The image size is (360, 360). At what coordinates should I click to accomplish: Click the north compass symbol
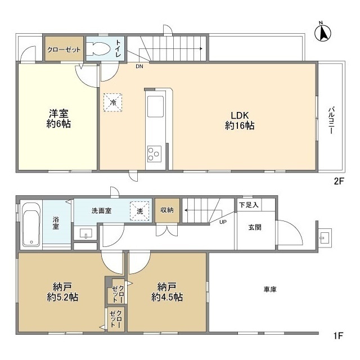pyautogui.click(x=322, y=32)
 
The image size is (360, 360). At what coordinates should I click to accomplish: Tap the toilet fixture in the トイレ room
pyautogui.click(x=98, y=49)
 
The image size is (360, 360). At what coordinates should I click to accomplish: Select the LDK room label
pyautogui.click(x=240, y=121)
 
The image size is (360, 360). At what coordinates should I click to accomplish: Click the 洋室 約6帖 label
pyautogui.click(x=58, y=119)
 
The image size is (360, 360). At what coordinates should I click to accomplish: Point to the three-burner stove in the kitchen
pyautogui.click(x=154, y=154)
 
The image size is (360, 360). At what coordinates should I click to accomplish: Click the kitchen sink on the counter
pyautogui.click(x=155, y=106)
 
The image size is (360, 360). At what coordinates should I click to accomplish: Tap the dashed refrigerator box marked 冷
pyautogui.click(x=112, y=102)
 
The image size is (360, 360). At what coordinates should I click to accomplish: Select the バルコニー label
pyautogui.click(x=331, y=120)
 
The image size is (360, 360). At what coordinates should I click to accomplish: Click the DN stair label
pyautogui.click(x=139, y=66)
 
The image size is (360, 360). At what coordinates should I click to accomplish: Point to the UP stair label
pyautogui.click(x=223, y=222)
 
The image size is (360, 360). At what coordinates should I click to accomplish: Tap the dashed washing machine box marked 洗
pyautogui.click(x=139, y=211)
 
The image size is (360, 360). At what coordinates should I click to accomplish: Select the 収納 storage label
pyautogui.click(x=167, y=210)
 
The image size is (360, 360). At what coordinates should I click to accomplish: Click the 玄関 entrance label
pyautogui.click(x=255, y=227)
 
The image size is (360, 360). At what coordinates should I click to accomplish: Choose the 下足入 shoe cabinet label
pyautogui.click(x=249, y=205)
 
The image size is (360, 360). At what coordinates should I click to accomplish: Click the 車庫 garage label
pyautogui.click(x=270, y=290)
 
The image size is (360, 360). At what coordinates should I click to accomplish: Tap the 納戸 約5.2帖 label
pyautogui.click(x=62, y=292)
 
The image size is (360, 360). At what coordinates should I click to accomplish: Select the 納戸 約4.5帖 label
pyautogui.click(x=167, y=292)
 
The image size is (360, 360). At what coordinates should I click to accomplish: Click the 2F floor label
pyautogui.click(x=339, y=182)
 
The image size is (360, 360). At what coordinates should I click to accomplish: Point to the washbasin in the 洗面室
pyautogui.click(x=85, y=234)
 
